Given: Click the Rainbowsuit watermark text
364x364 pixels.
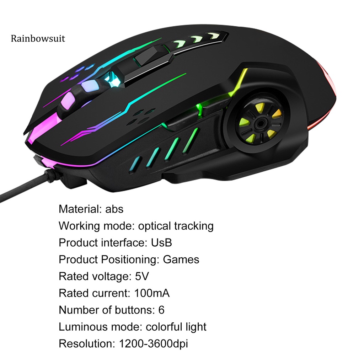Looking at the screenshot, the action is click(x=38, y=38).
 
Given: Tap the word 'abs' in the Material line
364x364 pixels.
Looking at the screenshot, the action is click(x=114, y=209).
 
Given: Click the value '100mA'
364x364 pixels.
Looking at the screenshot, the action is click(x=152, y=293).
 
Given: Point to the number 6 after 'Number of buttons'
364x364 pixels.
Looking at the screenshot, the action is click(x=161, y=310).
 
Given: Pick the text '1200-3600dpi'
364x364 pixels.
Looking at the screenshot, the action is click(x=153, y=344).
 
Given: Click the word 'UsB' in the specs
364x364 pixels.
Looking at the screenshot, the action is click(x=161, y=243).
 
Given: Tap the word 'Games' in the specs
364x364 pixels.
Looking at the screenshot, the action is click(x=181, y=259).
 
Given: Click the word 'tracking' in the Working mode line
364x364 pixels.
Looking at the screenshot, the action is click(x=194, y=226).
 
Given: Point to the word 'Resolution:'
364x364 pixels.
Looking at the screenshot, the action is click(x=85, y=344).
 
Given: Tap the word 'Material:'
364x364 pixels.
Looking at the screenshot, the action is click(x=80, y=209).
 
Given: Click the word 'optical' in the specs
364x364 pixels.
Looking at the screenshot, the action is click(x=155, y=226).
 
